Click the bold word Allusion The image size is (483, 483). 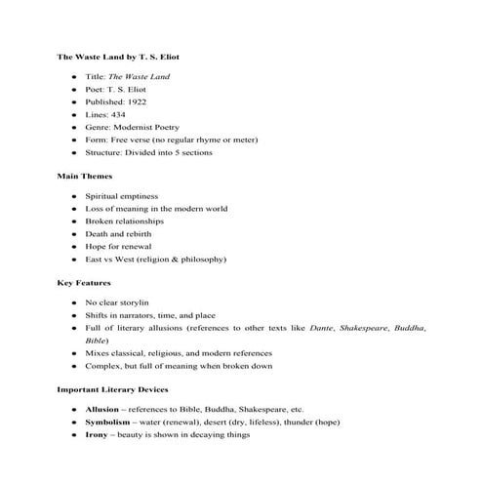click(101, 410)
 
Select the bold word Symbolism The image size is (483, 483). click(108, 423)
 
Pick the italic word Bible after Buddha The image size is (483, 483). click(96, 341)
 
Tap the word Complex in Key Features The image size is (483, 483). click(103, 366)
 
